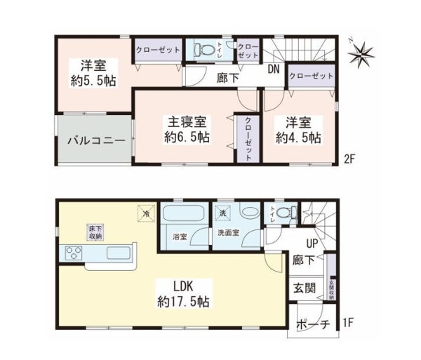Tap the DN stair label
274,69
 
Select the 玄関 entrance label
305,288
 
